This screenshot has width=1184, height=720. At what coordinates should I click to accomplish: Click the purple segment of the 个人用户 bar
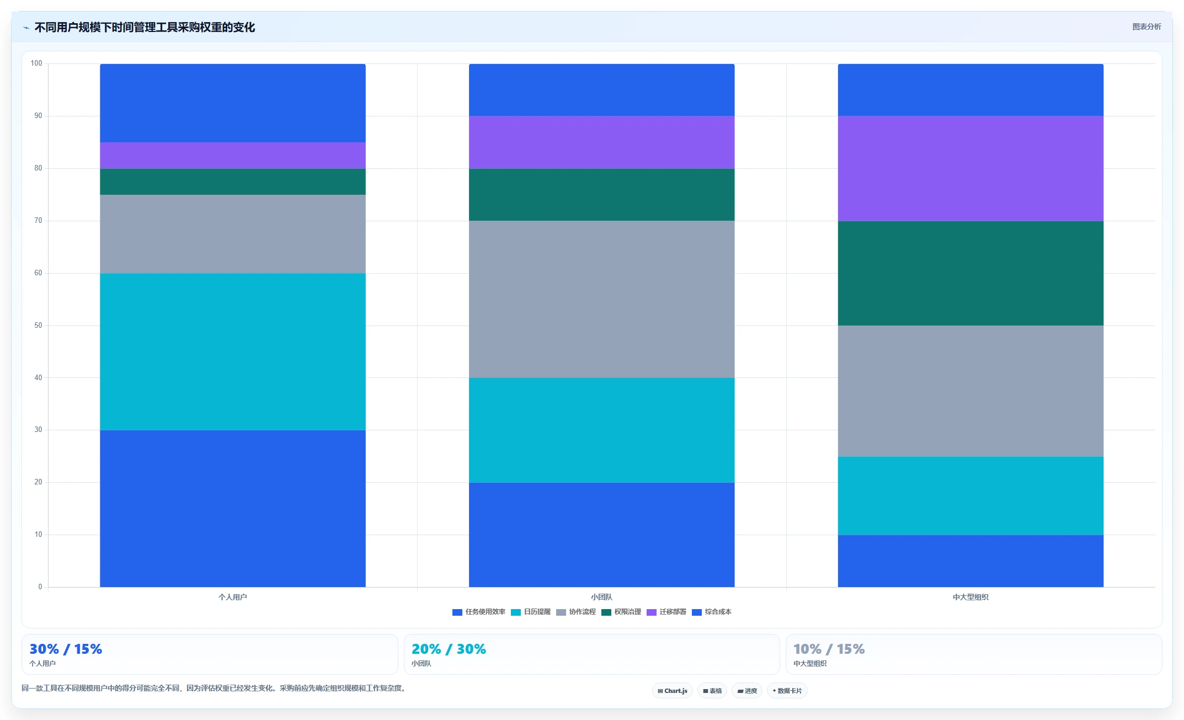pos(232,156)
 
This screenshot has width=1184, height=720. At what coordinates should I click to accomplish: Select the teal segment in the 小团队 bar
pos(601,195)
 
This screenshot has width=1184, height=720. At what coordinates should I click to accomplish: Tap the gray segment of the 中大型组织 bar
pos(970,391)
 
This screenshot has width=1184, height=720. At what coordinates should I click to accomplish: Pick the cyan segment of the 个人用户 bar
pos(232,352)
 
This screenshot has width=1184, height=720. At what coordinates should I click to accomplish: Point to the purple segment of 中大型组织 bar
pos(970,169)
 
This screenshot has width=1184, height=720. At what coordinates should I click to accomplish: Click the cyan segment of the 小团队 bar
pos(601,430)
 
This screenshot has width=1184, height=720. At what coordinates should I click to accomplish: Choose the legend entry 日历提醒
pos(531,612)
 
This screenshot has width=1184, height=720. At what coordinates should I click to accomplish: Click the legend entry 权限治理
pos(621,612)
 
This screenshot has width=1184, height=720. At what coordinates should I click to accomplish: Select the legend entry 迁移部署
pos(666,612)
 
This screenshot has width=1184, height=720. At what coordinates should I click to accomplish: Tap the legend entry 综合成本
pos(712,612)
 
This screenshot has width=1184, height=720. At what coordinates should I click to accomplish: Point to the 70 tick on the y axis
pos(38,221)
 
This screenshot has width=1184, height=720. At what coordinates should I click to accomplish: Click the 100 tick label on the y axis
pos(36,63)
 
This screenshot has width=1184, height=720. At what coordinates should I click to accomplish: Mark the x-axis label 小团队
pos(601,597)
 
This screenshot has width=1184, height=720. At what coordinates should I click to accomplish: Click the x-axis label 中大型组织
pos(970,597)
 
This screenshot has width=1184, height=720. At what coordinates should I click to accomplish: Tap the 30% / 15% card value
pos(66,649)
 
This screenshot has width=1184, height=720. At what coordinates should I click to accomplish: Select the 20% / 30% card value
pos(449,649)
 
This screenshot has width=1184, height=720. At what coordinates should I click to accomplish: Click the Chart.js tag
pos(673,691)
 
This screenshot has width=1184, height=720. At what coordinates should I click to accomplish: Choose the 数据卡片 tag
pos(787,691)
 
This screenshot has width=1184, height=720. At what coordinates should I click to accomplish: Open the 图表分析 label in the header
pos(1146,26)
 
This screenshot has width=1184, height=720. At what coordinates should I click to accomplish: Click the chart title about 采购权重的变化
pos(145,27)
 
